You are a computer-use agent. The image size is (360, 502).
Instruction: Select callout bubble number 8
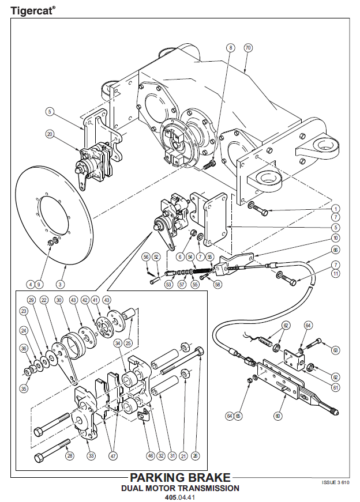click(230, 48)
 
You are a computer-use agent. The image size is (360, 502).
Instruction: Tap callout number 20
click(50, 134)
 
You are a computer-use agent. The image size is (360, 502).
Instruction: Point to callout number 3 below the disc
click(60, 284)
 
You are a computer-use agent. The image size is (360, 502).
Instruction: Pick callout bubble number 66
click(335, 250)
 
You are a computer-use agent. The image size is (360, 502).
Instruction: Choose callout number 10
click(335, 237)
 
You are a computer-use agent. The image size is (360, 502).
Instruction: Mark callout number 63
click(335, 349)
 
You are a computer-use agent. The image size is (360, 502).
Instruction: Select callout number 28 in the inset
click(70, 456)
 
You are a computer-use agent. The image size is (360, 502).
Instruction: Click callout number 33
click(91, 456)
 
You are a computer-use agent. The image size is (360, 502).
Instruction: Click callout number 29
click(31, 300)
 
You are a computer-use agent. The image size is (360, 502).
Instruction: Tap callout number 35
click(24, 388)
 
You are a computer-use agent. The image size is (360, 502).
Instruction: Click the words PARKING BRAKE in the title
click(180, 478)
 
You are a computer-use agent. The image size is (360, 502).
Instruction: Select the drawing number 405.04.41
click(180, 497)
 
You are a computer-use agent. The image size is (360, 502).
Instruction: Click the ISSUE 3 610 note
click(335, 481)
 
